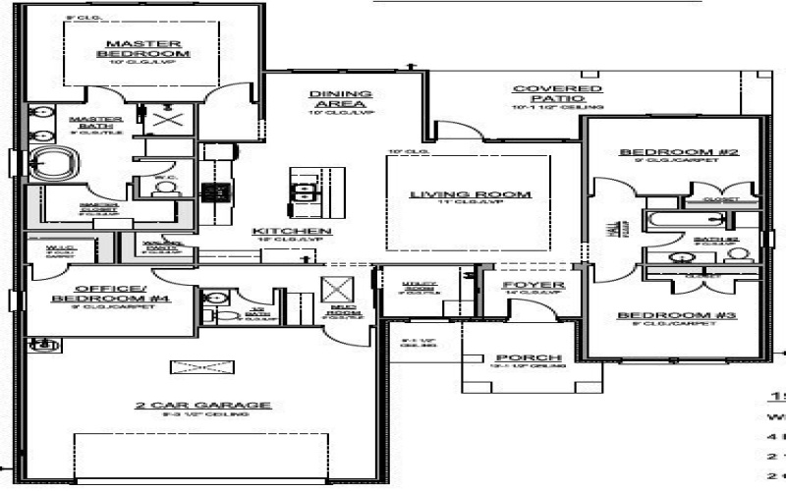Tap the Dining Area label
338,99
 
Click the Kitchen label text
304,231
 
